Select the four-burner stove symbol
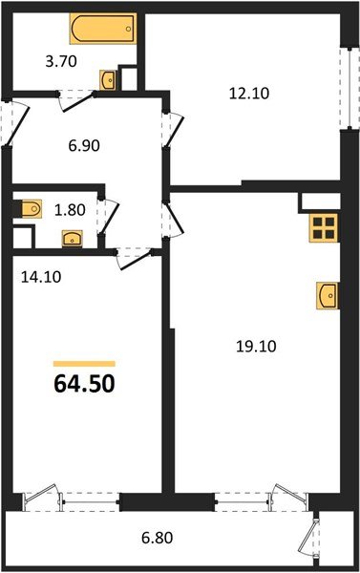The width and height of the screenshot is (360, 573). (324, 228)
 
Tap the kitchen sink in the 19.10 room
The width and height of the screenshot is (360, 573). (327, 296)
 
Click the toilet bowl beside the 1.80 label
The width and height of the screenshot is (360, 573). (30, 207)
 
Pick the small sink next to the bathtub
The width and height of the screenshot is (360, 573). (109, 78)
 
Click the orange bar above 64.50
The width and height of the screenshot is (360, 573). (84, 364)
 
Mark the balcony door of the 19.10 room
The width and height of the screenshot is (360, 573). (282, 498)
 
